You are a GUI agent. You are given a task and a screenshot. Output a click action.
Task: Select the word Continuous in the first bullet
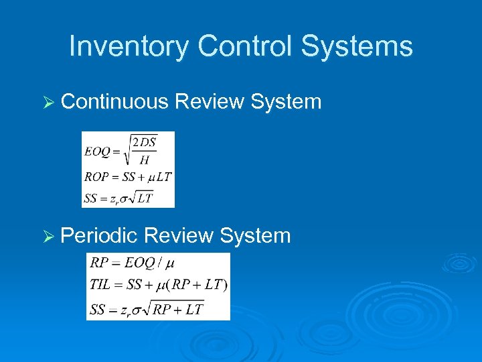point(114,102)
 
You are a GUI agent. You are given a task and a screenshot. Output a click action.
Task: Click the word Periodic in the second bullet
point(100,235)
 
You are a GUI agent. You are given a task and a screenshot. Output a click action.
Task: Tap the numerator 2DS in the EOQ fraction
point(144,142)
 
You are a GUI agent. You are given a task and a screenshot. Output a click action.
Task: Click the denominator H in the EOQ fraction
point(144,160)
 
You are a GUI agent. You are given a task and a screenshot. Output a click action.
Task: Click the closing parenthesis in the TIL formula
point(225,285)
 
